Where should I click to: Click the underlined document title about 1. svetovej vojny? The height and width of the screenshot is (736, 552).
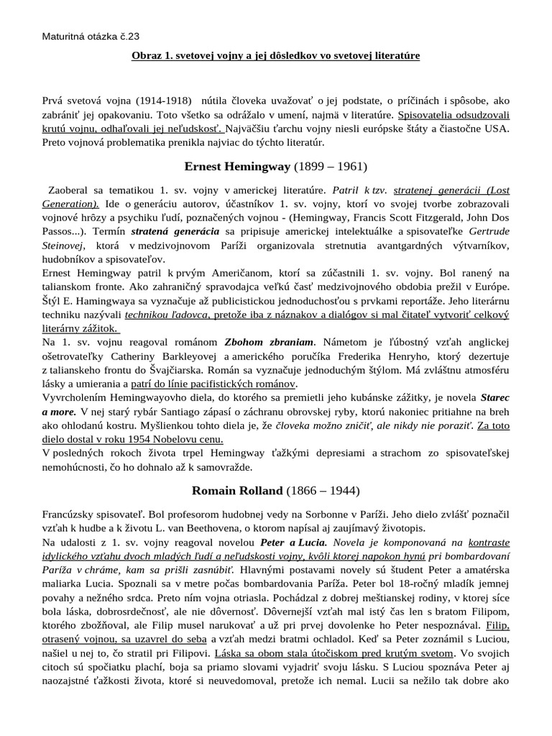coord(276,55)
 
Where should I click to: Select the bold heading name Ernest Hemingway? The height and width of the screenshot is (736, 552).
coord(237,167)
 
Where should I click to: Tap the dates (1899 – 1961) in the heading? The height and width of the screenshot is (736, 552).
coord(330,167)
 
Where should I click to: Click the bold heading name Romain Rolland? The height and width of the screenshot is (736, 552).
coord(236,492)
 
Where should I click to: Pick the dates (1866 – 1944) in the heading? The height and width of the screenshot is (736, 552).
coord(322,492)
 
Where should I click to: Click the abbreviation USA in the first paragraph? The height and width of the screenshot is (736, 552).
coord(497,129)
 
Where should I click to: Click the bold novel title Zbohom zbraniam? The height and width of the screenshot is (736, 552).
coord(267,341)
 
